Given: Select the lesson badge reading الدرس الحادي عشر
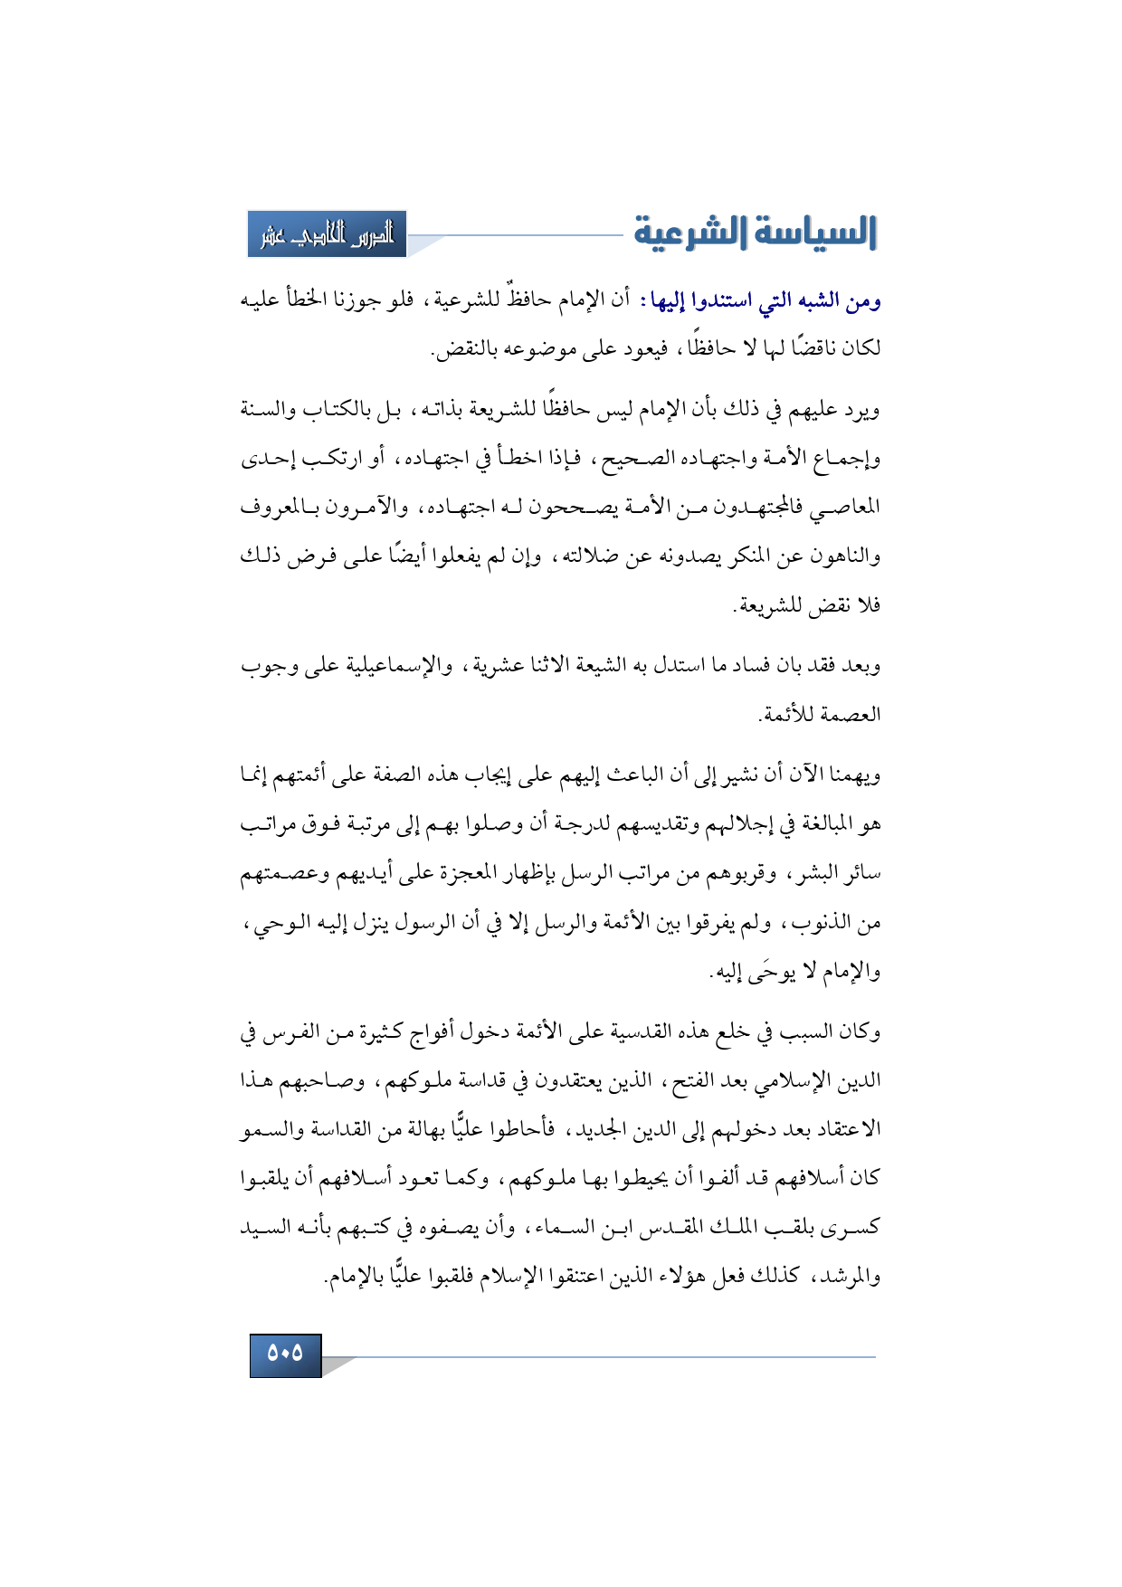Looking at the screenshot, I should tap(327, 234).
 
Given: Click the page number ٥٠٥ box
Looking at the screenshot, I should tap(285, 1354).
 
